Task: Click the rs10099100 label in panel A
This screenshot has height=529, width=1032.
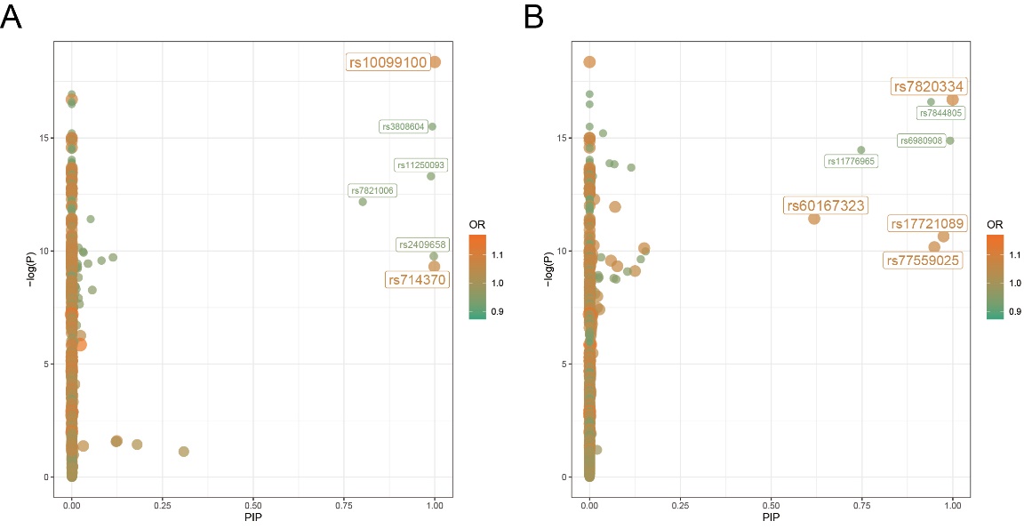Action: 388,62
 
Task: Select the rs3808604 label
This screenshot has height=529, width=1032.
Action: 403,127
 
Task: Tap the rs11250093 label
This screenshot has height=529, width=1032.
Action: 420,165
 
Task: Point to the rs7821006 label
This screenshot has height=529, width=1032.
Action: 372,191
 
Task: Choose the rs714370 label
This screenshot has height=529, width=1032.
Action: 416,280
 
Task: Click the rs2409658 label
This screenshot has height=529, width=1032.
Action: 422,244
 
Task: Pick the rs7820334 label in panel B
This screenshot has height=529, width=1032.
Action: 929,86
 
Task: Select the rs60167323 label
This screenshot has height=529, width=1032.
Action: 824,205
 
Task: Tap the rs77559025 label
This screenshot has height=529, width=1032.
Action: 922,260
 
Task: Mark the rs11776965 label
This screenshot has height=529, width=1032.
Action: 851,162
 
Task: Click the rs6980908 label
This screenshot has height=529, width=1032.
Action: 920,140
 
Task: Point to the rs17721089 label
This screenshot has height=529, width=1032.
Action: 927,224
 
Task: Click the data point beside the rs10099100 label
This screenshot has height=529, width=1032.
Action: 436,62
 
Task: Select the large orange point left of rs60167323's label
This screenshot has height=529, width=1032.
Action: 813,218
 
